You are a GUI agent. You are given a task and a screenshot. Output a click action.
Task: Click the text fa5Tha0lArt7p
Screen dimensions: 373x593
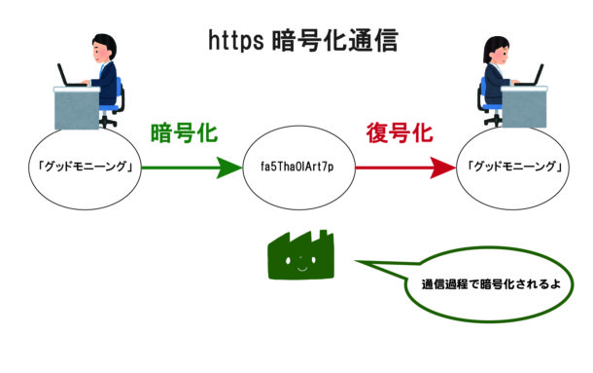point(297,168)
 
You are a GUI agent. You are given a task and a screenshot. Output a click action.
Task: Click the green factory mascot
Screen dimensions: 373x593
point(296,256)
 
